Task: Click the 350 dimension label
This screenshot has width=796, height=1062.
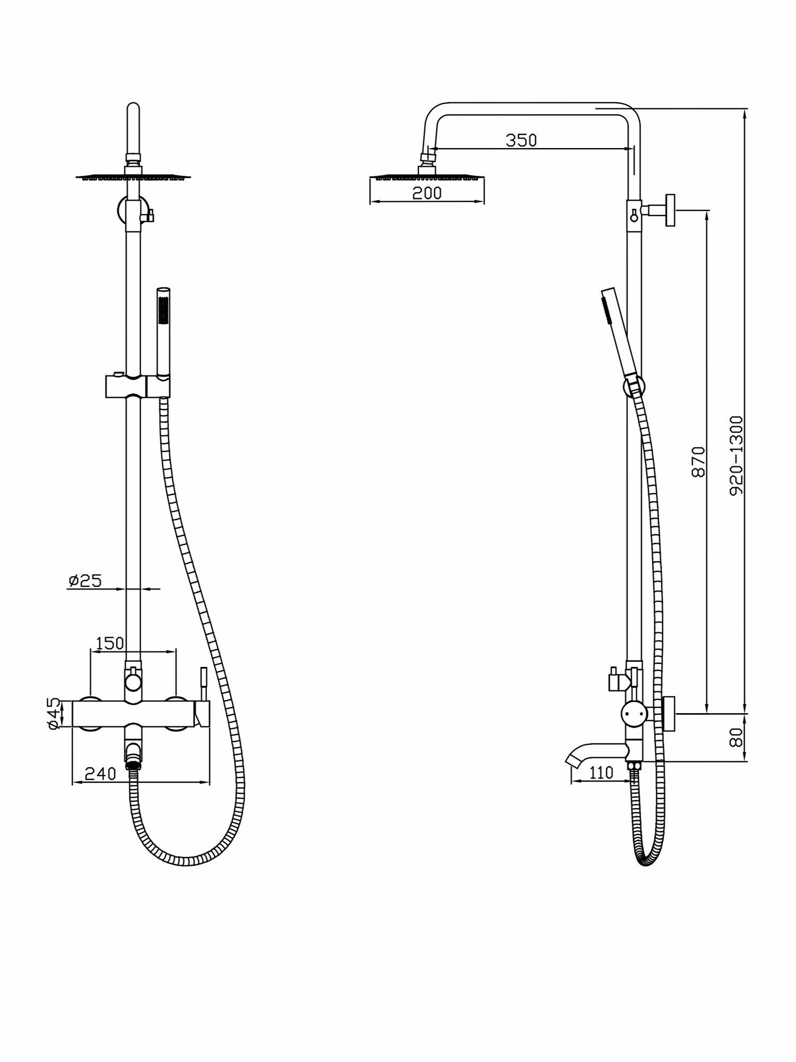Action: click(521, 140)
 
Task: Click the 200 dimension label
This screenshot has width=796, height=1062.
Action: click(427, 193)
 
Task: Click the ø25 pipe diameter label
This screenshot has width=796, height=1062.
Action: click(84, 581)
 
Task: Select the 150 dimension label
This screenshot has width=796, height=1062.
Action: click(109, 643)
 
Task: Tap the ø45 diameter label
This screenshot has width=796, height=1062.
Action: click(53, 714)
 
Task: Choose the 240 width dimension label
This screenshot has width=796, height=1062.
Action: click(100, 774)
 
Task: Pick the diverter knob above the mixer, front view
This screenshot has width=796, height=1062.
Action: click(133, 679)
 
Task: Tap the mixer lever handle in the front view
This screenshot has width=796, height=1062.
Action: click(202, 701)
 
